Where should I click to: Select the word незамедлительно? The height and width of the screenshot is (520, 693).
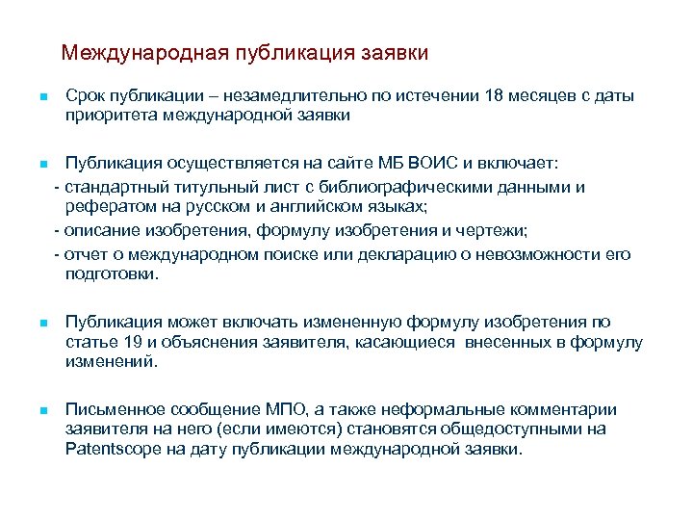coord(290,97)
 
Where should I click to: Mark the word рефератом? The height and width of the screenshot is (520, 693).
coord(105,206)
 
